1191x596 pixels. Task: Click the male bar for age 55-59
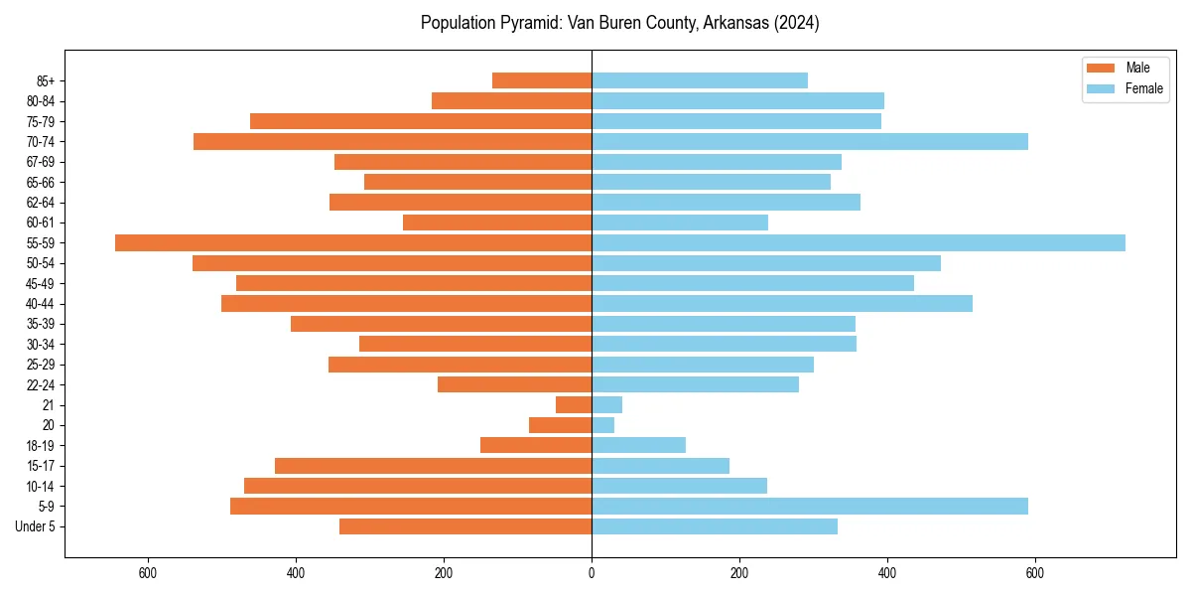tap(353, 242)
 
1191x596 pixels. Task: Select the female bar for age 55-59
tap(859, 242)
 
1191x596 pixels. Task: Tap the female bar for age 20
tap(603, 425)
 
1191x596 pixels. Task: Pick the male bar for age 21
tap(574, 404)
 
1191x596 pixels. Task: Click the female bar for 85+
tap(700, 80)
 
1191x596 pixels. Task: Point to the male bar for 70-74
tap(392, 141)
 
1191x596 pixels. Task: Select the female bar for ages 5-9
tap(810, 506)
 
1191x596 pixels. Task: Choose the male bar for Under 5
tap(465, 526)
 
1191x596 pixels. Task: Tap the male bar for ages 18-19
tap(536, 445)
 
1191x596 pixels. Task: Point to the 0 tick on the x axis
tap(592, 573)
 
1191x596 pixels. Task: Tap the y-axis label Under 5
tap(36, 526)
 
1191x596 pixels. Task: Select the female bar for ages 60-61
tap(680, 223)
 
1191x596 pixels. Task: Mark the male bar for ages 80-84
tap(511, 100)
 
